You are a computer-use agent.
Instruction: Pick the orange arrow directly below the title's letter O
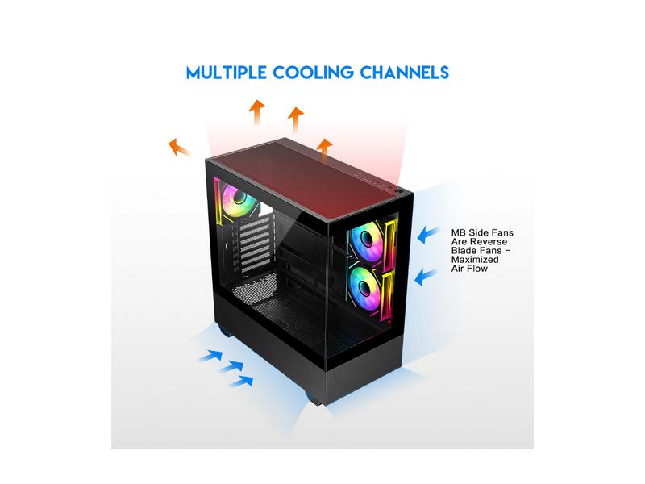point(257,112)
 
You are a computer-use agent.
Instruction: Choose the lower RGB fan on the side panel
point(366,287)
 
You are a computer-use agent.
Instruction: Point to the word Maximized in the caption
point(475,260)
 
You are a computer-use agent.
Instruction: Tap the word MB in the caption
point(458,233)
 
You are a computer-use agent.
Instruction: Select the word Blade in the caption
point(464,251)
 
